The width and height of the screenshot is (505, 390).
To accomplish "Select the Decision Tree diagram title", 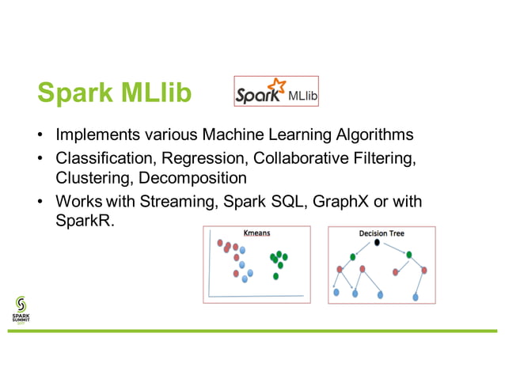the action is (381, 234).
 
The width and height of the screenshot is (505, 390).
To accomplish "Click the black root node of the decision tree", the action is (378, 243).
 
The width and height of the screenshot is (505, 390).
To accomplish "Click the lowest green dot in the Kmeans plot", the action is (275, 276).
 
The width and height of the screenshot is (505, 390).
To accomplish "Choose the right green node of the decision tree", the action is (410, 255).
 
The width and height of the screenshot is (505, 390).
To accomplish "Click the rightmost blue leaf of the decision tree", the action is (416, 297).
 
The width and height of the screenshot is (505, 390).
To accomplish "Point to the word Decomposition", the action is (196, 178).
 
